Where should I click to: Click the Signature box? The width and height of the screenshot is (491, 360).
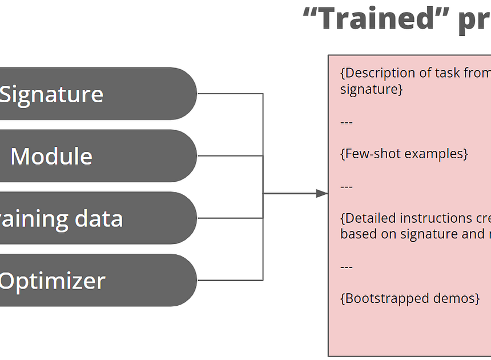coord(97,94)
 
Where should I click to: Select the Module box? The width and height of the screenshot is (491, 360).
coord(97,156)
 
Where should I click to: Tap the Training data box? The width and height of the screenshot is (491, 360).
coord(97,218)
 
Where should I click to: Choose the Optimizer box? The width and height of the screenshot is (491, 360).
coord(97,281)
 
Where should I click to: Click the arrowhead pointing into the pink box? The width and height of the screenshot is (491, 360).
coord(322,193)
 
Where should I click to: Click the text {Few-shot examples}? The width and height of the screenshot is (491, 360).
coord(404,154)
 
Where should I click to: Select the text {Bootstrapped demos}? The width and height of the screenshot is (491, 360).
coord(410,298)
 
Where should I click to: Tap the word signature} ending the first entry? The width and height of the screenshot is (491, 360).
coord(372,89)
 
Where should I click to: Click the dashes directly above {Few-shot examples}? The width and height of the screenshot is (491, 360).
coord(347,122)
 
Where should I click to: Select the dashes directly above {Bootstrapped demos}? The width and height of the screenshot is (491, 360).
coord(347,267)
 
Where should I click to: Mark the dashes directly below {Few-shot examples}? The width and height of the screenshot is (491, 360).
coord(347,187)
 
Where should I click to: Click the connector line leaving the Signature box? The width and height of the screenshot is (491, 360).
coord(228,94)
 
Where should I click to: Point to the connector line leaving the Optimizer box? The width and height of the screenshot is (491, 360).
coord(228,280)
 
